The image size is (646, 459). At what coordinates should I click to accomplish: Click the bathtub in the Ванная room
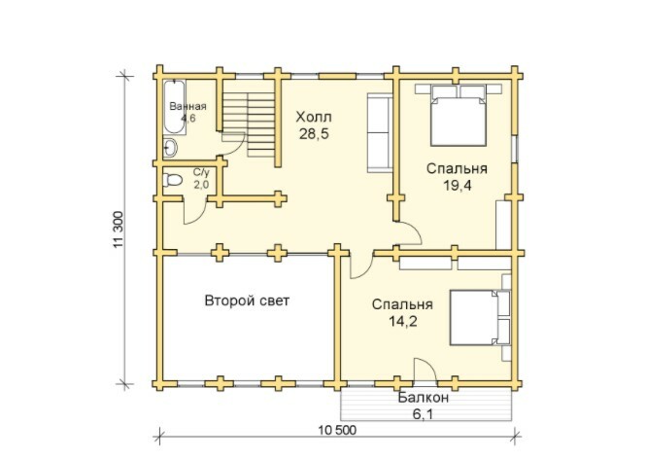[175, 107]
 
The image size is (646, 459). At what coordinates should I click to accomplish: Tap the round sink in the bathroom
[170, 148]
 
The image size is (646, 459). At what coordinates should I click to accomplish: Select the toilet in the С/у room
[173, 180]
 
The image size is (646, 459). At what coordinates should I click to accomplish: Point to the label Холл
[314, 118]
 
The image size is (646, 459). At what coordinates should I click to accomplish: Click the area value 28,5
[314, 134]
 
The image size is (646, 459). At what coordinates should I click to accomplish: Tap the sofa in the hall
[380, 132]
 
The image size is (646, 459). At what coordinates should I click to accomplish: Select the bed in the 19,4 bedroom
[459, 116]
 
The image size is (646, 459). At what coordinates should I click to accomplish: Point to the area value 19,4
[458, 186]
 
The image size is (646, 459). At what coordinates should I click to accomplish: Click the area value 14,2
[403, 321]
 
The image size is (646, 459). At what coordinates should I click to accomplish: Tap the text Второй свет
[247, 300]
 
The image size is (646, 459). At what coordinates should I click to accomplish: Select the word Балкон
[424, 398]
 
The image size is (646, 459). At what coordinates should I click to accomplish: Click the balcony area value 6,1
[424, 413]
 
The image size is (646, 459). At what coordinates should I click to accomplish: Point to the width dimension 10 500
[337, 430]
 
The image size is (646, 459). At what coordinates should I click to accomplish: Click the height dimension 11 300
[119, 229]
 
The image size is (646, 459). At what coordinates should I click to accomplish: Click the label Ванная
[187, 106]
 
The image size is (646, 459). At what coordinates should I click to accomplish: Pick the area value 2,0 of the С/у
[201, 185]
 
